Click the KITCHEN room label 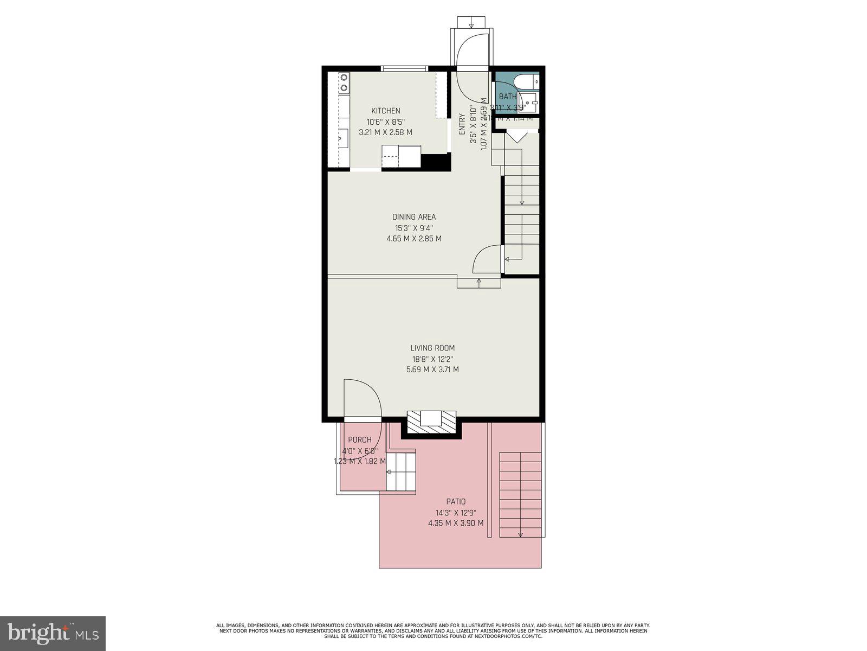tap(385, 111)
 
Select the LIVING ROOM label tap(432, 348)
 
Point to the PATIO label tap(456, 502)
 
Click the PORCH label tap(360, 440)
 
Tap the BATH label tap(508, 97)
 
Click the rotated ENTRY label tap(462, 124)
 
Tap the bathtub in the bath tap(526, 81)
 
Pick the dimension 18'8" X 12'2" tap(432, 359)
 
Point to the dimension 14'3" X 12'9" tap(456, 513)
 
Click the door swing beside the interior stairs tap(486, 259)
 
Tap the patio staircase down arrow tap(520, 533)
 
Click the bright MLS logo tap(53, 633)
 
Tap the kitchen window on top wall tap(404, 68)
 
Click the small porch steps tap(401, 472)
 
